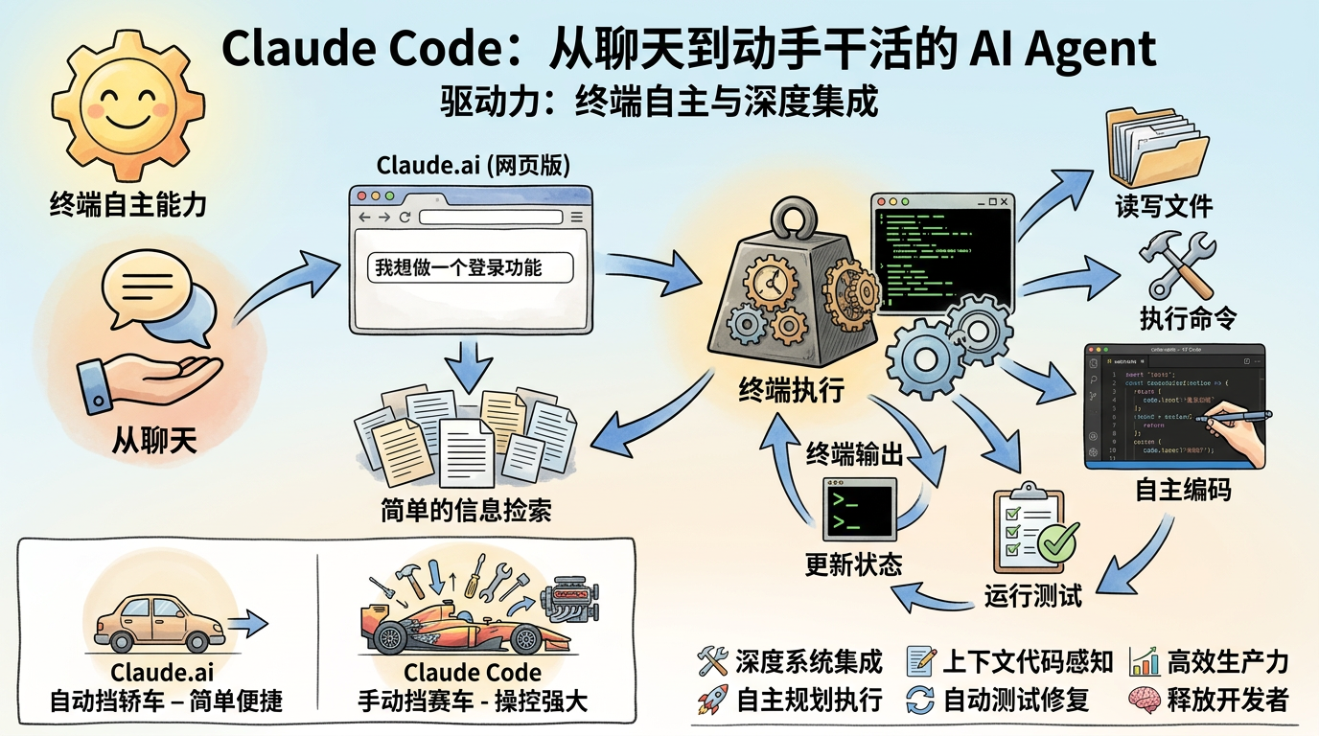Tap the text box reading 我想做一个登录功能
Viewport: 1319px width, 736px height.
tap(470, 267)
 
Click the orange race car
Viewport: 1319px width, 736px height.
tap(451, 628)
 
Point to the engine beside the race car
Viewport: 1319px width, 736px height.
tap(574, 606)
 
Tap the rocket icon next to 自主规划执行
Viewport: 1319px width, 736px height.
tap(712, 700)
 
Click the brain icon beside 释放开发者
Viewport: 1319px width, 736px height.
tap(1145, 700)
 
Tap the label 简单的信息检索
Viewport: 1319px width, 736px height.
tap(466, 510)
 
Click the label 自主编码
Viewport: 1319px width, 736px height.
tap(1183, 491)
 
